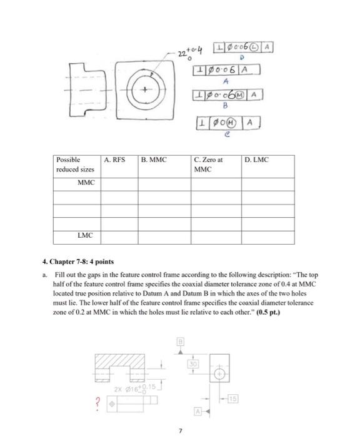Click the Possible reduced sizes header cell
(74, 164)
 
